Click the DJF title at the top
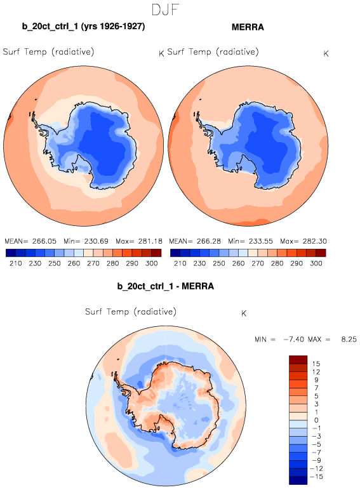(165, 10)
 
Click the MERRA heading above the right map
(248, 27)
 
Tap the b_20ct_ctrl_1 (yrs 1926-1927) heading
(83, 26)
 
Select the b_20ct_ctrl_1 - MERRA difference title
(166, 286)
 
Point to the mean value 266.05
(44, 241)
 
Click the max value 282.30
(315, 241)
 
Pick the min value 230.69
(97, 241)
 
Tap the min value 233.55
(261, 241)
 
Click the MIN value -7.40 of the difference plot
(293, 340)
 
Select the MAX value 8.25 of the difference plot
(349, 340)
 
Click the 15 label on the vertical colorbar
(316, 364)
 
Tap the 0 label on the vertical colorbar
(316, 420)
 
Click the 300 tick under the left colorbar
(152, 263)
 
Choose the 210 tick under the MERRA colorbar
(180, 263)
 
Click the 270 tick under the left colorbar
(93, 263)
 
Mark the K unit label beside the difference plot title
(244, 314)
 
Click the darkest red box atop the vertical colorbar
(298, 360)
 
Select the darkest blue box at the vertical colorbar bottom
(298, 480)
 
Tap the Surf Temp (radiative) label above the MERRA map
(213, 52)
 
